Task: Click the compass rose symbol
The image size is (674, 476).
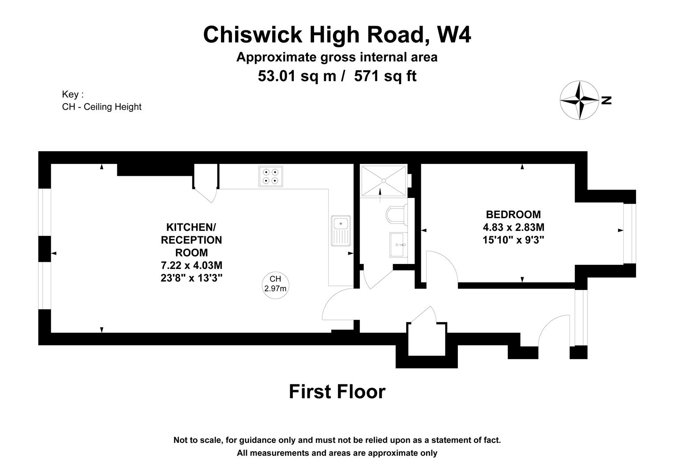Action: tap(579, 100)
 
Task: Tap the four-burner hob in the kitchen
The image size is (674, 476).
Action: tap(270, 176)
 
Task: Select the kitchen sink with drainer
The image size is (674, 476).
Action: tap(341, 231)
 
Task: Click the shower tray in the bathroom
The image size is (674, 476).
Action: tap(383, 181)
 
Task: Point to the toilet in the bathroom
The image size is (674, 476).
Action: tap(396, 215)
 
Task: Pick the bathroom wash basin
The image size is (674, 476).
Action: tap(400, 245)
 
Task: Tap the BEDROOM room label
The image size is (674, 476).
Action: tap(513, 215)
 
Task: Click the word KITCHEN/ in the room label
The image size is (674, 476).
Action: tap(191, 227)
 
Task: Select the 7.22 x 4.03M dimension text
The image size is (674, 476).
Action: tap(191, 266)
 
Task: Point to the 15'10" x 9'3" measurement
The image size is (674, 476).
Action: tap(513, 240)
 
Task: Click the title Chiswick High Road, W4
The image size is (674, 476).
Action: tap(337, 35)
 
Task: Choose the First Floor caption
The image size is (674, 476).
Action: tap(337, 392)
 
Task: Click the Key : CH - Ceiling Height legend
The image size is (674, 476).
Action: tap(101, 101)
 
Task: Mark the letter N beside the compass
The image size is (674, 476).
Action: tap(607, 100)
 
